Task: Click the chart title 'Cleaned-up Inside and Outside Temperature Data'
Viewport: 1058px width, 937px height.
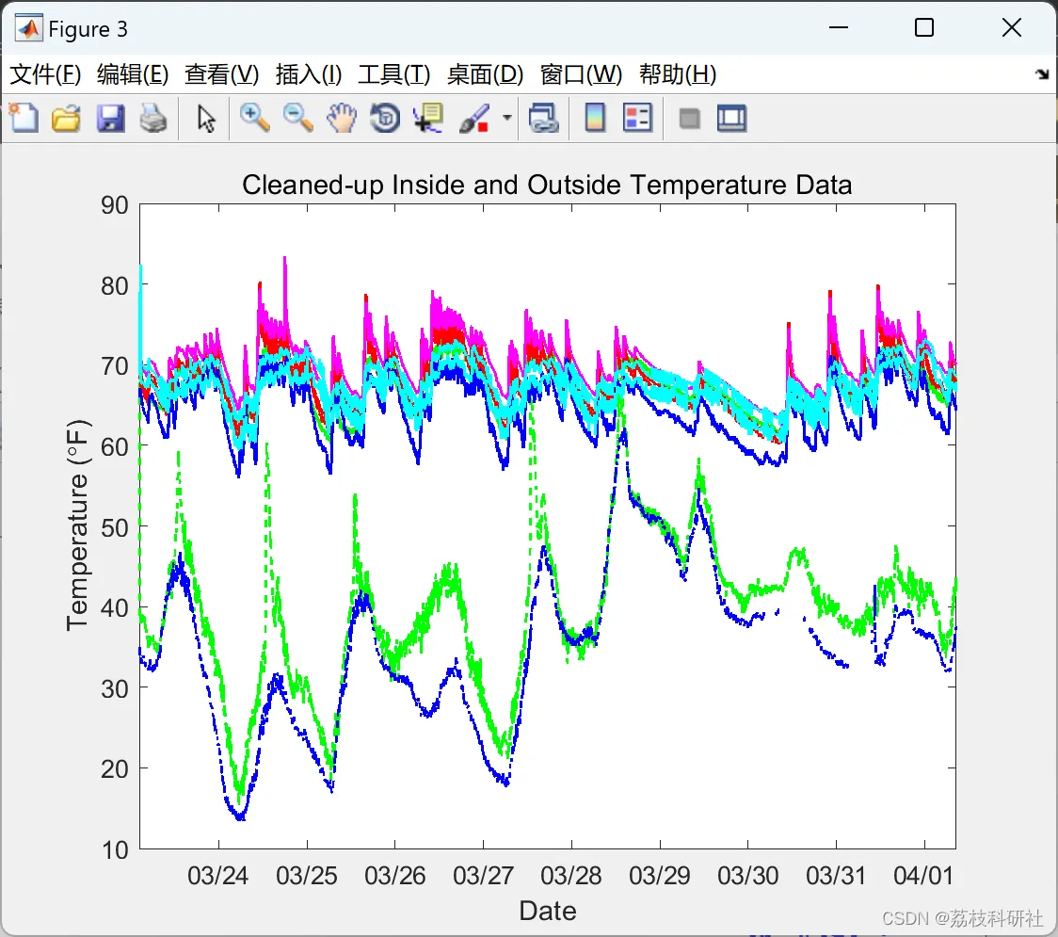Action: click(547, 185)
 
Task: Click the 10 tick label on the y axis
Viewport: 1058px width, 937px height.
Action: click(114, 850)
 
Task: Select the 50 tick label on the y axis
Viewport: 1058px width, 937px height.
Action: click(114, 527)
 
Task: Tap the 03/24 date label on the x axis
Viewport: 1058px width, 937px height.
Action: click(218, 876)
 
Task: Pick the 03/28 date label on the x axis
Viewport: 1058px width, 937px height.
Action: click(571, 876)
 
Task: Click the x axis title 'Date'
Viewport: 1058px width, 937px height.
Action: click(548, 911)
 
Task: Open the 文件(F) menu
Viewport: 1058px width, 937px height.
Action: click(45, 74)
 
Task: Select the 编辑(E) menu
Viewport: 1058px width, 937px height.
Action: click(133, 74)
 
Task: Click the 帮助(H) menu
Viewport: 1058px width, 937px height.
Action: click(678, 74)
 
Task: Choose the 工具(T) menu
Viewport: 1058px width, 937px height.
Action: click(393, 74)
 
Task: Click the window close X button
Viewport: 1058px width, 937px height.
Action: click(1012, 28)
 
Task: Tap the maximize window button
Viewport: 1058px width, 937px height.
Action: click(924, 28)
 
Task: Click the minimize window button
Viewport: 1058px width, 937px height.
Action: click(838, 28)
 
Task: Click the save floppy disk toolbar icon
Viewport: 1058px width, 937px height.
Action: click(110, 119)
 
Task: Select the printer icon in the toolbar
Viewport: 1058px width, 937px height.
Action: click(153, 119)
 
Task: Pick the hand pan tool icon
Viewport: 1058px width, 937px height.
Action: click(342, 119)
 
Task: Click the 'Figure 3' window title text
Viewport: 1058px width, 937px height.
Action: click(88, 29)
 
